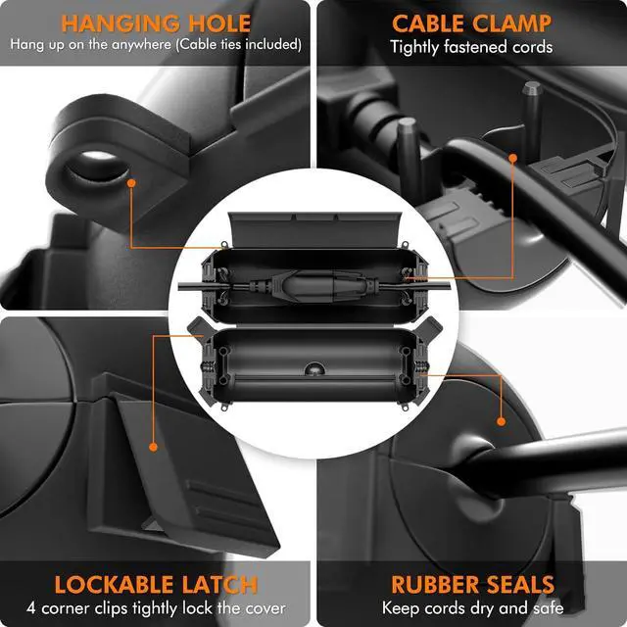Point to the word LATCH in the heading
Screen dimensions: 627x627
(222, 585)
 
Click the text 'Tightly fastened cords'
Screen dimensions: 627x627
(471, 46)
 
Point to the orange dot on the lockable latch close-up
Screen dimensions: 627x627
(154, 447)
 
